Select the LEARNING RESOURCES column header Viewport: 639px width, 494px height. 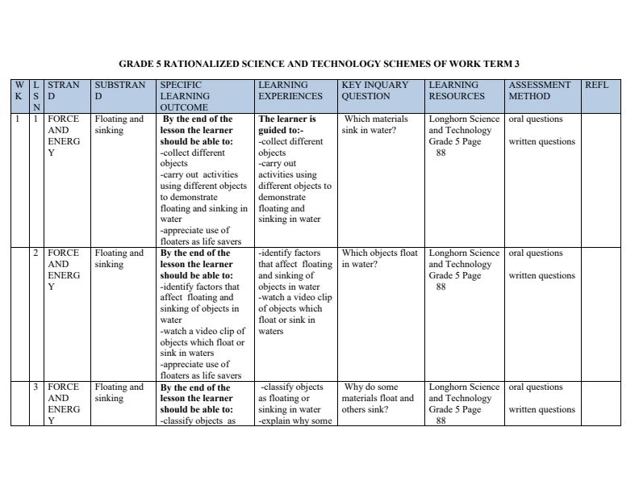click(x=457, y=90)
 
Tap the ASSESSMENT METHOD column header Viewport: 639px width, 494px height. click(x=540, y=90)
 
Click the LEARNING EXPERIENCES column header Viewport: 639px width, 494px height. click(x=290, y=90)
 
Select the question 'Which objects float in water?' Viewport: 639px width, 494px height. click(x=379, y=258)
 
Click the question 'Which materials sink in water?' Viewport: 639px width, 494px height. click(x=376, y=124)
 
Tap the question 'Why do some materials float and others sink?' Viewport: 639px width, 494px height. click(x=378, y=398)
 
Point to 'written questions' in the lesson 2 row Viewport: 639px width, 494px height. click(x=541, y=276)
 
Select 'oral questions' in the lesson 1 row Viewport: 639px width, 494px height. click(x=536, y=119)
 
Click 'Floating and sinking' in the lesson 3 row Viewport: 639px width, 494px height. click(x=119, y=392)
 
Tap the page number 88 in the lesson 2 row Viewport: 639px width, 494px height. click(x=441, y=287)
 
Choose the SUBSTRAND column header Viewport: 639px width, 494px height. click(x=119, y=90)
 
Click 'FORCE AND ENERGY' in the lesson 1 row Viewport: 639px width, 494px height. click(x=64, y=136)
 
